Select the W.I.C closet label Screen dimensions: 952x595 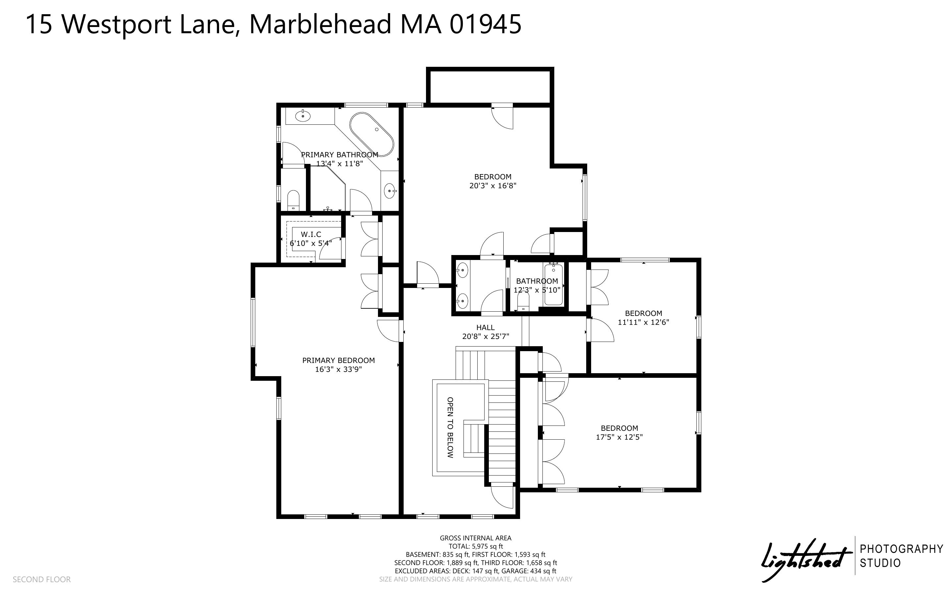tap(311, 234)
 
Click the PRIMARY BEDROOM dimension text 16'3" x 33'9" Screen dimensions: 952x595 tap(338, 370)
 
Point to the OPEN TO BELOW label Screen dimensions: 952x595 tap(450, 427)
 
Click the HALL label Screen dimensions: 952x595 tap(486, 327)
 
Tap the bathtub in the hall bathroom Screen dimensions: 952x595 tap(554, 285)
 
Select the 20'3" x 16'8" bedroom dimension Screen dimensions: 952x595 tap(493, 186)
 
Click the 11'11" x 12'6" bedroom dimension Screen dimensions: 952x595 tap(643, 322)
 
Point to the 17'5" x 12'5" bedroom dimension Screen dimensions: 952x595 tap(619, 437)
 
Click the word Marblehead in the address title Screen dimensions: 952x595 tap(320, 24)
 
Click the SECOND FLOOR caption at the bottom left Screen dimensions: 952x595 tap(42, 579)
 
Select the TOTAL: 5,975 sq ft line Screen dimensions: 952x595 tap(476, 546)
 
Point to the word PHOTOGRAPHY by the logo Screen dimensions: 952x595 tap(902, 549)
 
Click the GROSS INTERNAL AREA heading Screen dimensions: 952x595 tap(476, 538)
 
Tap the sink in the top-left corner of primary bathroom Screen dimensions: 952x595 tap(303, 116)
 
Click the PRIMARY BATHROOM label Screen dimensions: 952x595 tap(340, 155)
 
